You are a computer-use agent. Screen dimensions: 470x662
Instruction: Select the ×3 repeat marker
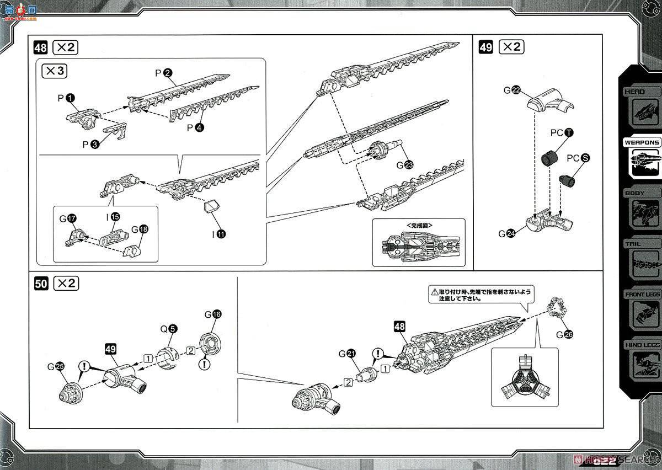point(57,71)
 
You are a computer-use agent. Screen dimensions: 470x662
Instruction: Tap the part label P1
point(66,98)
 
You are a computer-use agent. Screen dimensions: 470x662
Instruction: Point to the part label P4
point(194,128)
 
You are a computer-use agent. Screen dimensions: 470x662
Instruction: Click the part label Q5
point(168,329)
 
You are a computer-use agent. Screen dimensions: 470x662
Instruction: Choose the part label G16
point(212,314)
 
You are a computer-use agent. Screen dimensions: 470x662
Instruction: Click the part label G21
point(346,354)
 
